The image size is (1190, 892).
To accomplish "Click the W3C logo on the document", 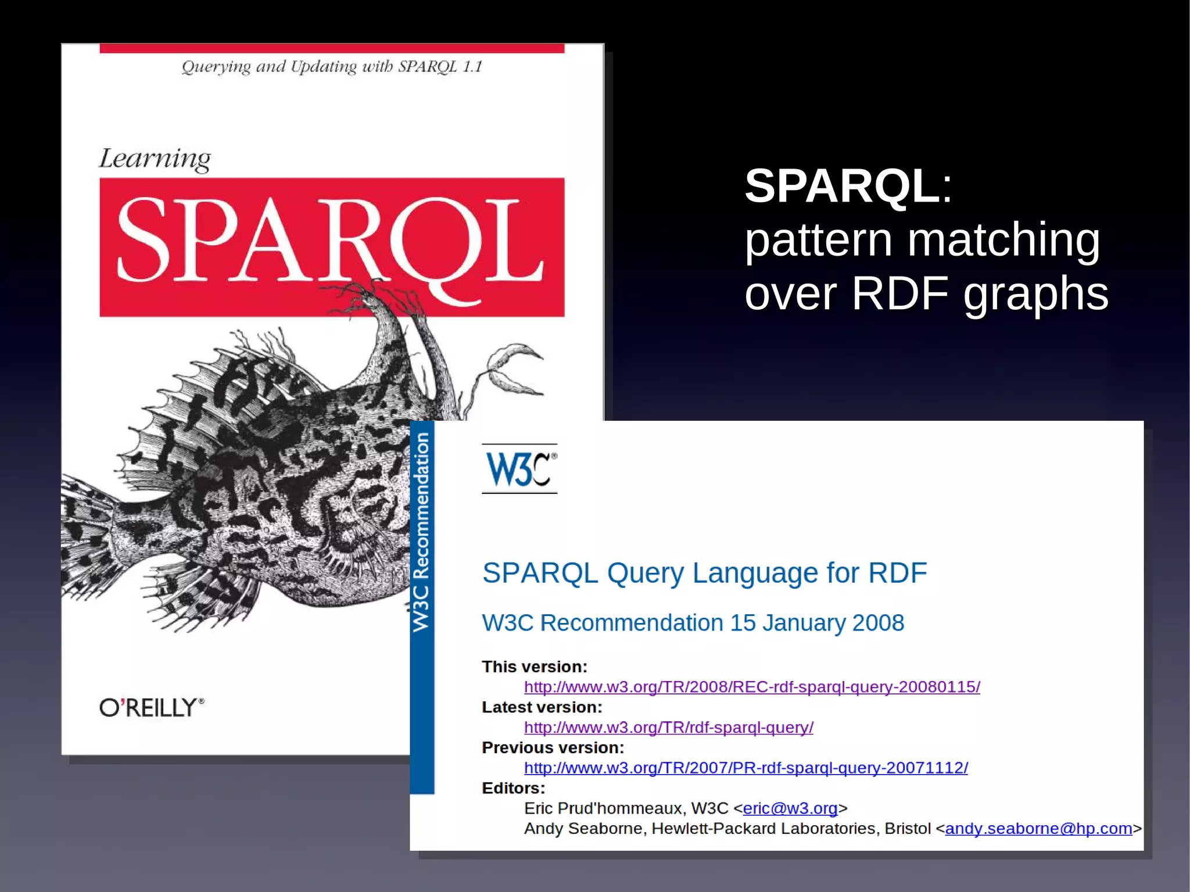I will point(519,469).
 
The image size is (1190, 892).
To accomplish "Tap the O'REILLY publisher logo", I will point(152,707).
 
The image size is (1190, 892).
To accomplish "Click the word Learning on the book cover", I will point(155,159).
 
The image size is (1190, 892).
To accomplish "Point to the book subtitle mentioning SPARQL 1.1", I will point(332,67).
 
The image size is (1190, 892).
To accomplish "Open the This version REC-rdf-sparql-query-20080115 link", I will point(752,687).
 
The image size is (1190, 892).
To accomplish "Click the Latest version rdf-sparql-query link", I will point(668,728).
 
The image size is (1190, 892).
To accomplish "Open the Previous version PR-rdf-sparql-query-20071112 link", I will point(745,768).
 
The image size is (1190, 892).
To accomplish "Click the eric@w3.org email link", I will point(790,808).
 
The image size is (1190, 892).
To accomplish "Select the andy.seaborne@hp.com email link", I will point(1038,829).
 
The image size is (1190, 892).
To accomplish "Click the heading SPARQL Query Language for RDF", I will point(704,573).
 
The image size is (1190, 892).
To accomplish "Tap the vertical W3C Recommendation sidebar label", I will point(421,532).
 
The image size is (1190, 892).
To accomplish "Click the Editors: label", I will point(513,788).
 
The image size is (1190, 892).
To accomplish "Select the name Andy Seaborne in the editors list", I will point(583,829).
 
